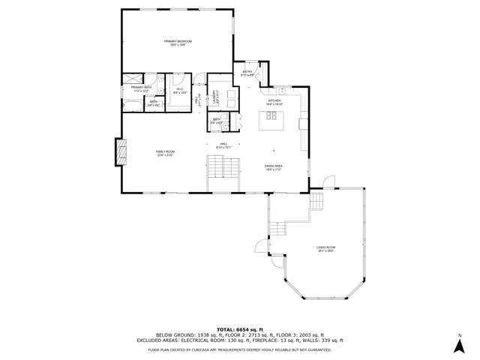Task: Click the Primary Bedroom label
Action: (x=178, y=42)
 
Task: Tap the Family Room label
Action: (x=165, y=154)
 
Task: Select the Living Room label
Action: (x=325, y=248)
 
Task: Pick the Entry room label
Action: (x=247, y=73)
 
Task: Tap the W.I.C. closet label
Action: (x=181, y=91)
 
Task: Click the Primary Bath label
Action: (x=142, y=89)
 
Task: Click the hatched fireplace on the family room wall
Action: (x=119, y=153)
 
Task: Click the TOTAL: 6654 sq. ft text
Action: (x=239, y=329)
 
